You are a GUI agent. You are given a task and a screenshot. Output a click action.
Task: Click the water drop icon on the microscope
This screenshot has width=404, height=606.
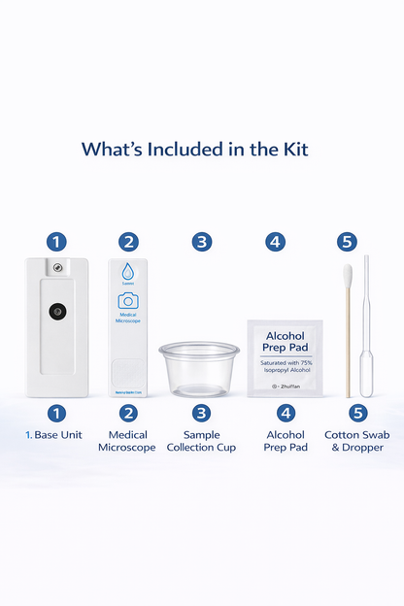pos(128,272)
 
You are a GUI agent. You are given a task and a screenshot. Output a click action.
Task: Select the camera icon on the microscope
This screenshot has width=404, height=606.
pos(128,301)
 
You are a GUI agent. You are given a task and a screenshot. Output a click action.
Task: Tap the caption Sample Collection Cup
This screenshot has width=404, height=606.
pos(201,441)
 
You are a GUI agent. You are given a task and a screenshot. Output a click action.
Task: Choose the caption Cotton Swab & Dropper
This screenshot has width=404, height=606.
pos(354,441)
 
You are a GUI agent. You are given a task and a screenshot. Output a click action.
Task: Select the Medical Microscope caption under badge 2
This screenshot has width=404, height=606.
pos(127,441)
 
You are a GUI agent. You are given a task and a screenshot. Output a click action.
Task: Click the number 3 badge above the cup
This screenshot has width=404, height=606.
pos(201,242)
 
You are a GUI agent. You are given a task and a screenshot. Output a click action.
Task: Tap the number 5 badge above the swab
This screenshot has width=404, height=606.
pos(347,242)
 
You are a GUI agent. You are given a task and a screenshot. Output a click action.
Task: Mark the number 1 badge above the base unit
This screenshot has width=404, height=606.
pos(58,242)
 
